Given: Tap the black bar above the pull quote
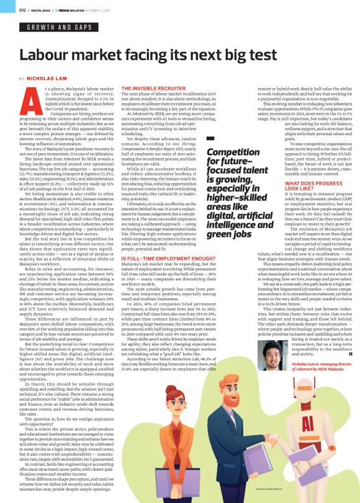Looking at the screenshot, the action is [211, 138].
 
